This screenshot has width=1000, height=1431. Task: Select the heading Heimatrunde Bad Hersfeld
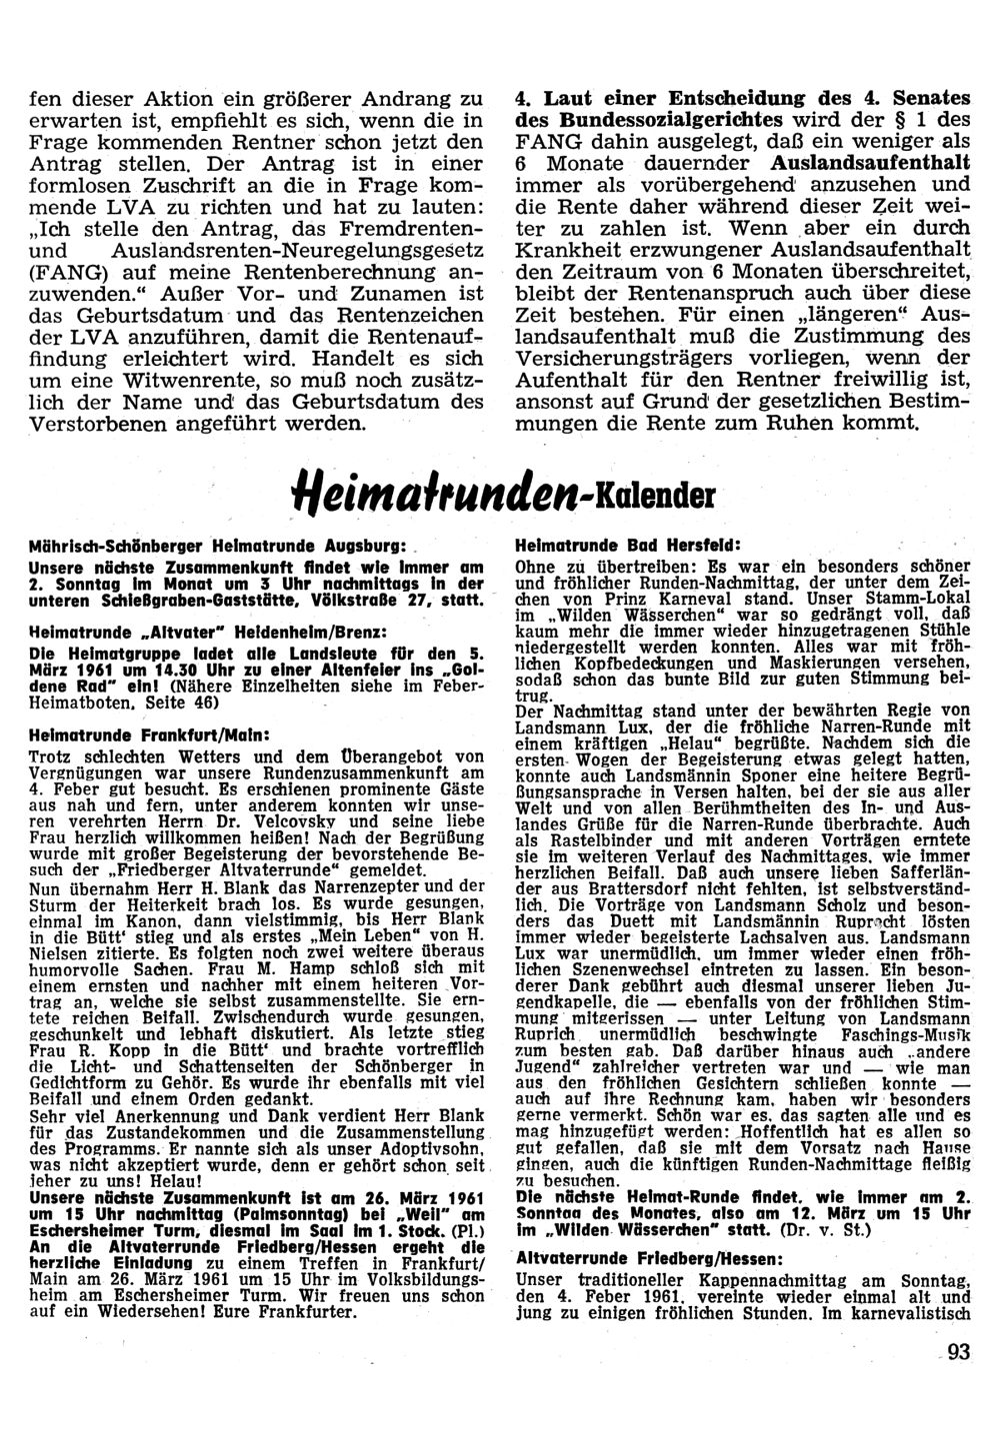pyautogui.click(x=627, y=547)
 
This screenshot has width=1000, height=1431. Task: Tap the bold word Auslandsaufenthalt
pyautogui.click(x=871, y=162)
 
